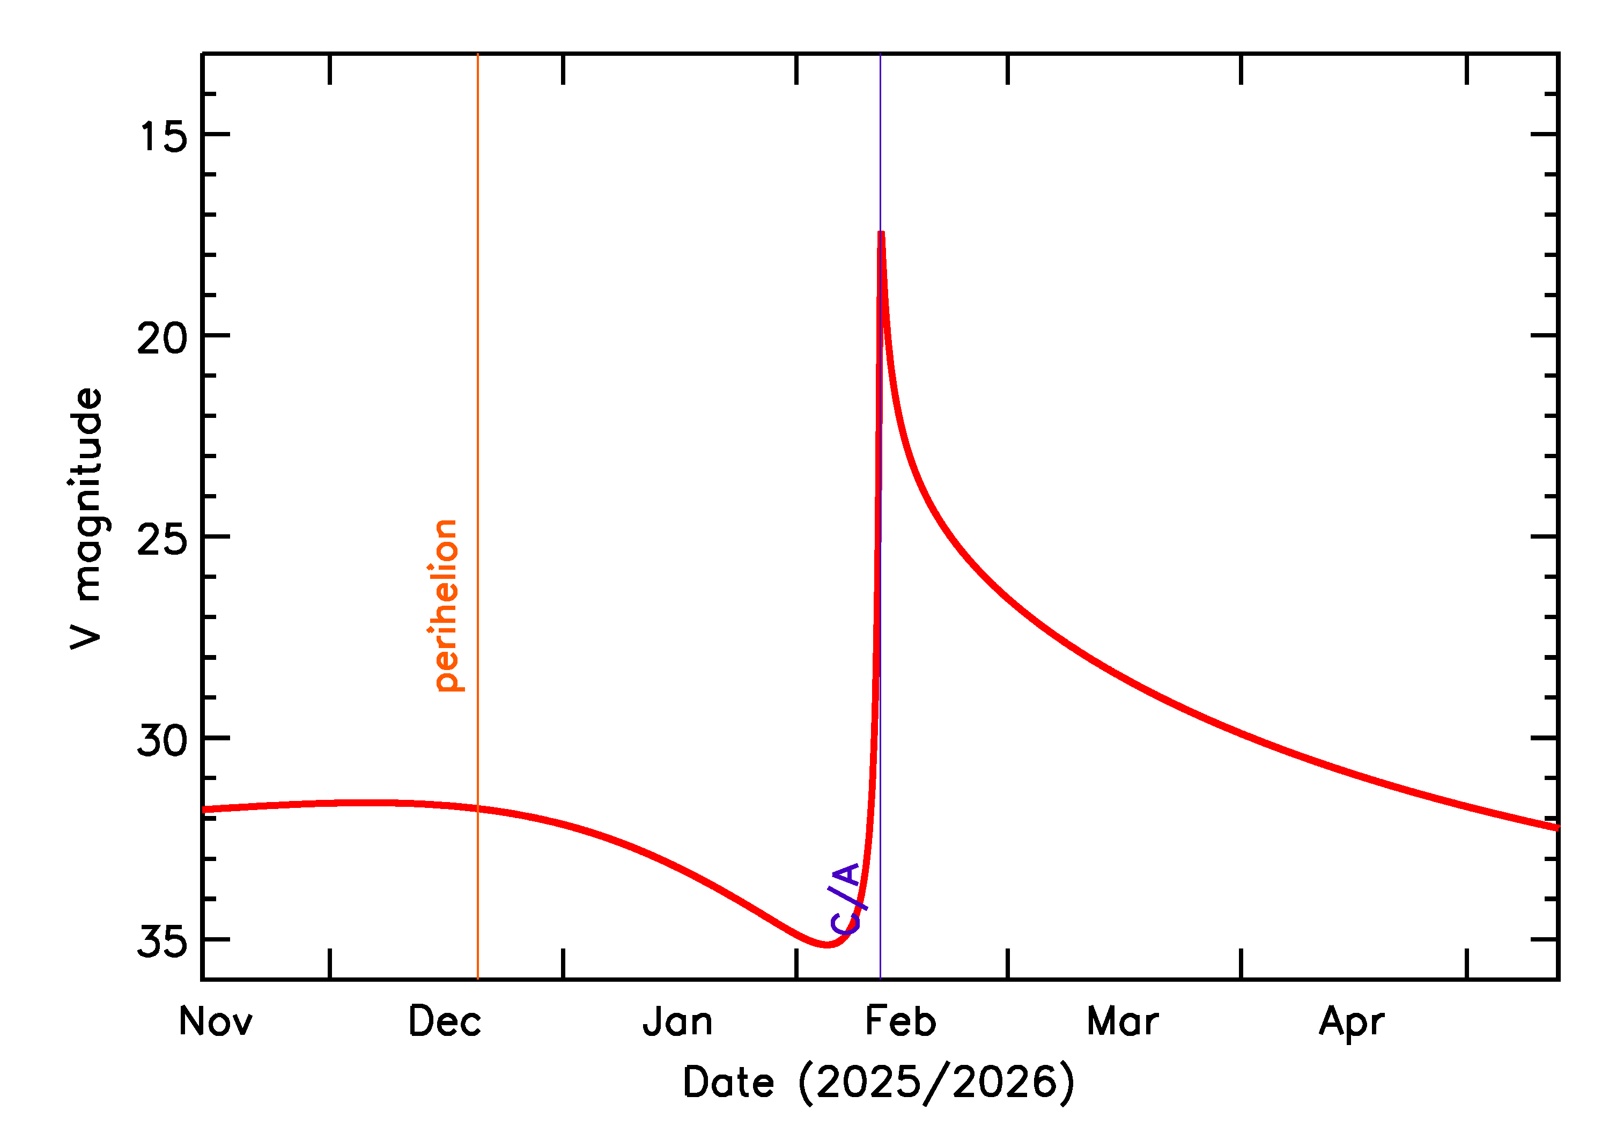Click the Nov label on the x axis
coord(216,1022)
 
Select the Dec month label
coord(445,1022)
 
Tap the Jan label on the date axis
coord(677,1022)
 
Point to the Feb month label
coord(901,1022)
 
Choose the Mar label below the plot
coord(1122,1022)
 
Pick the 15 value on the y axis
coord(163,136)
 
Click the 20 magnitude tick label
coord(163,339)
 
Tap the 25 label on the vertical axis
coord(163,540)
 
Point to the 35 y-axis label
coord(163,942)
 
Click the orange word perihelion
coord(445,605)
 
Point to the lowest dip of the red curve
coord(828,945)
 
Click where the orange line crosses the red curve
coord(478,808)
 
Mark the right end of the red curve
coord(1557,828)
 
